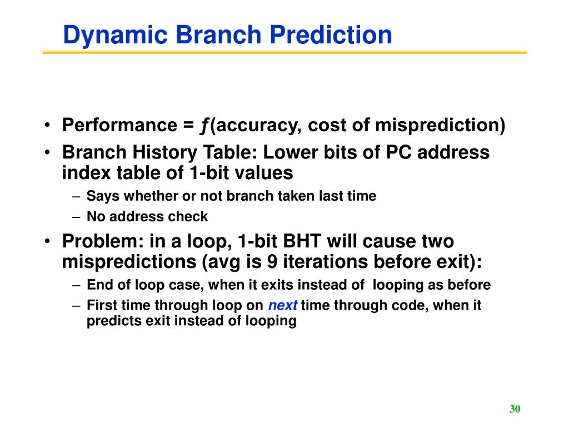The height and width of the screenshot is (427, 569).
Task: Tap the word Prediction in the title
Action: coord(331,34)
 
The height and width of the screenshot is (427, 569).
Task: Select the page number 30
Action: coord(515,409)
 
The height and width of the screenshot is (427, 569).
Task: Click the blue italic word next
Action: coord(283,305)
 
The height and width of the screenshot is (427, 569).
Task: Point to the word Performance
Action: coord(120,125)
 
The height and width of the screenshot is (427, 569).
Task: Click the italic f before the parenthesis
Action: coord(204,126)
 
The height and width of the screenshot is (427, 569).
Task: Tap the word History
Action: coord(164,152)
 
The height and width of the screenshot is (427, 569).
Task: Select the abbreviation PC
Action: coord(398,152)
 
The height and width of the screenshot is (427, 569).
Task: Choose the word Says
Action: coord(103,196)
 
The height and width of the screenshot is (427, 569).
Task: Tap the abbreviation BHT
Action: coord(302,241)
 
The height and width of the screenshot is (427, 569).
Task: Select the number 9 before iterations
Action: coord(272,261)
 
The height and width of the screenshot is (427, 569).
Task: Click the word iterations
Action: coord(326,261)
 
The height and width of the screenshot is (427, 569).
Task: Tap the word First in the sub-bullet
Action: coord(102,305)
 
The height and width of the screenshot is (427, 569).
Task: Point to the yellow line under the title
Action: coord(284,52)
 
